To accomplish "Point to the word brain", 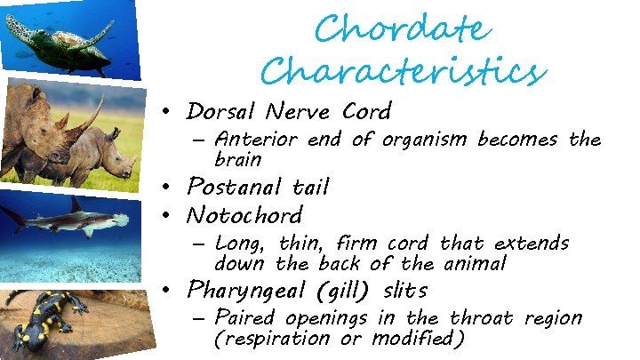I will pyautogui.click(x=238, y=160).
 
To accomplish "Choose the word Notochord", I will pyautogui.click(x=244, y=215).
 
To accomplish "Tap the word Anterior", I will pyautogui.click(x=257, y=140).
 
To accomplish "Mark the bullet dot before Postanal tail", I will pyautogui.click(x=165, y=188).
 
